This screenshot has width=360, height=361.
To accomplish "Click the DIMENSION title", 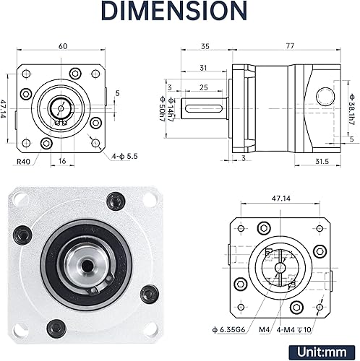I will click(x=179, y=13).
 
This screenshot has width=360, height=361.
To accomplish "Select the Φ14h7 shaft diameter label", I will click(x=171, y=114).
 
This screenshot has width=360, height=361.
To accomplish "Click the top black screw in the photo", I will click(x=113, y=201).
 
